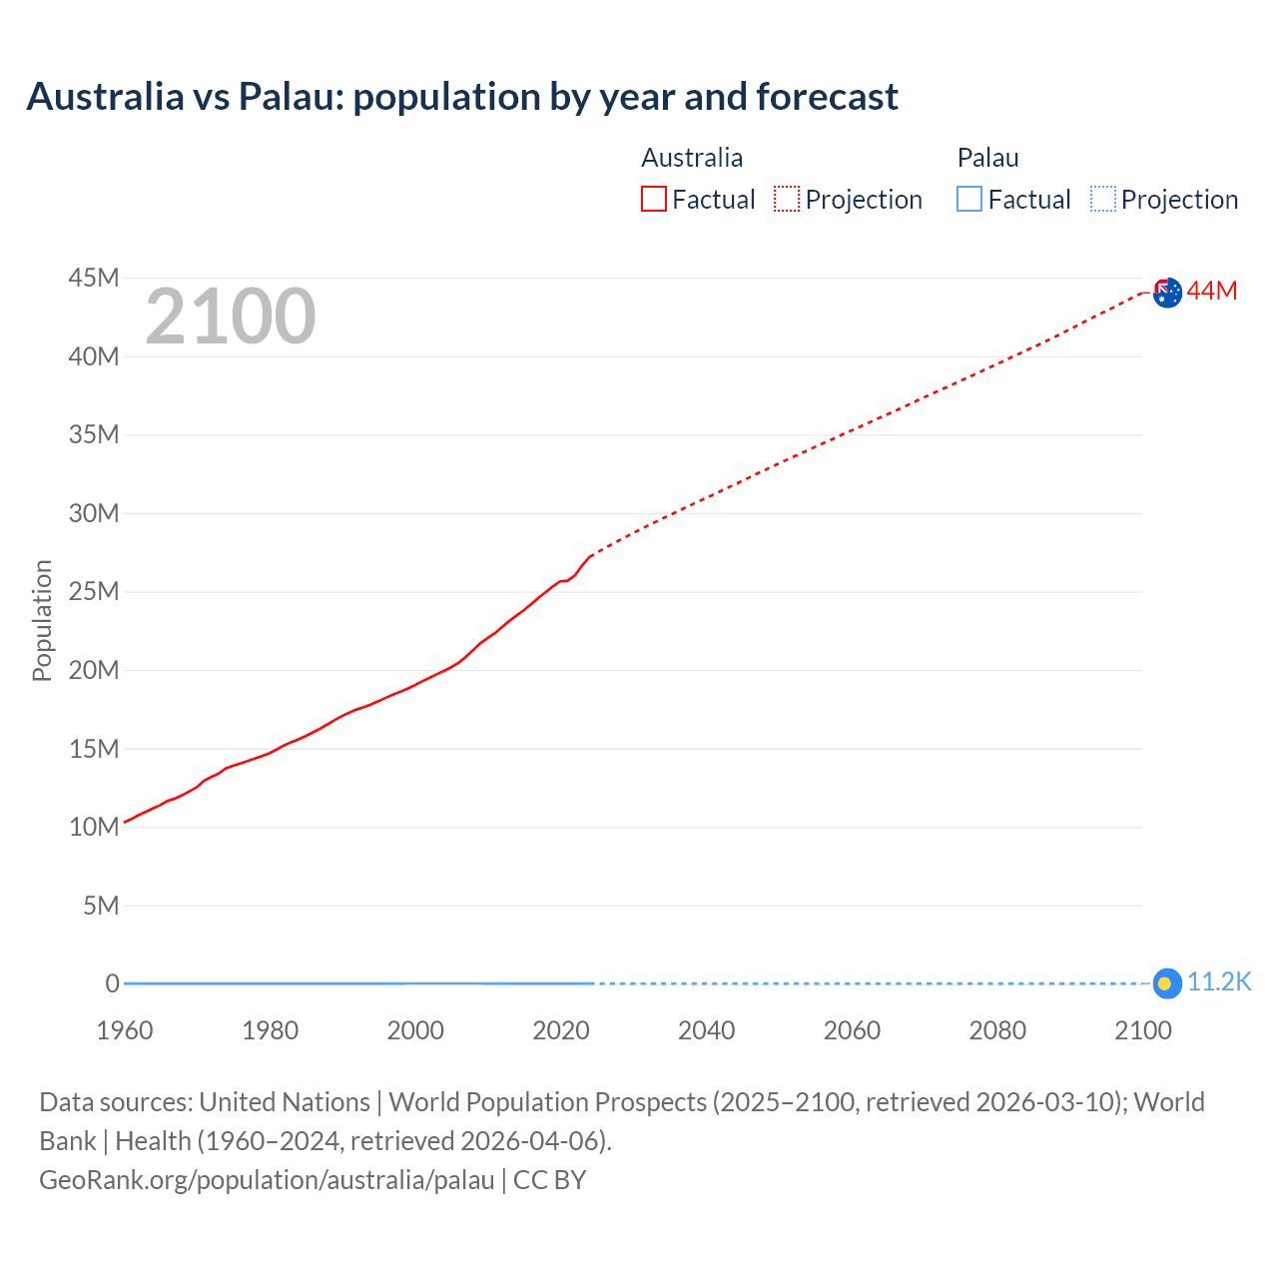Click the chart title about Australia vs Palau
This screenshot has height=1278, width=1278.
[x=462, y=97]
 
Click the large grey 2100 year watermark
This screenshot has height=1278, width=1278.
[x=231, y=317]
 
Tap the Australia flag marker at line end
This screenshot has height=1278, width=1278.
[x=1167, y=293]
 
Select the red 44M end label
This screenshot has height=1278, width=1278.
[x=1212, y=291]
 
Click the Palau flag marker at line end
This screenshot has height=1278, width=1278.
[x=1166, y=983]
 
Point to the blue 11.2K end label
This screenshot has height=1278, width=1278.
[x=1219, y=982]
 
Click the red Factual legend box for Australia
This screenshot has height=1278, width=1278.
[x=654, y=199]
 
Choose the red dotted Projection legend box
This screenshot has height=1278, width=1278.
[x=787, y=199]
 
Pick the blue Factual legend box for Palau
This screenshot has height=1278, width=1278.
[x=969, y=199]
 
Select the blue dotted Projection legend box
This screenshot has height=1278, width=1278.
[x=1102, y=199]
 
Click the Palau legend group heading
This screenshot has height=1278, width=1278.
[x=987, y=158]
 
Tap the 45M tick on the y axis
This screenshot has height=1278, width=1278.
[x=94, y=278]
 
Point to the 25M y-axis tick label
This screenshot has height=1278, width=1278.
[x=94, y=591]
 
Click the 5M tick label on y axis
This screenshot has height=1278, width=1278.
[x=101, y=906]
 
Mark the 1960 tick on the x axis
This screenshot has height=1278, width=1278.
[x=125, y=1030]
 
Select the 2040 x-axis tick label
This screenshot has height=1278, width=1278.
[x=707, y=1030]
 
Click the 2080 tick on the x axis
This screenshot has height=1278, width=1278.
[x=997, y=1030]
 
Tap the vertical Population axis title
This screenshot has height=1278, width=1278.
[x=42, y=620]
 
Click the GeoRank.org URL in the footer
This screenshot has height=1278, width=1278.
[x=267, y=1180]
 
